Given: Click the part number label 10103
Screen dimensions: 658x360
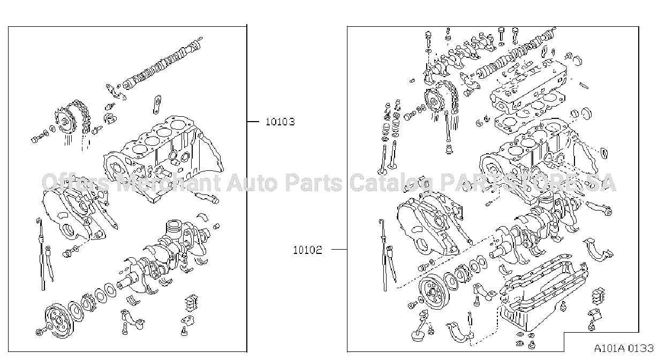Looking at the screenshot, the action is [280, 122].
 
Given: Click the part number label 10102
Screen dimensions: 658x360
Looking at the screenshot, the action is [307, 250].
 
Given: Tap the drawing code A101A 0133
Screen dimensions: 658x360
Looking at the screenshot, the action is [624, 348].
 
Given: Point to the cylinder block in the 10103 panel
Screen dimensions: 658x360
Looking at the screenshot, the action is [163, 159].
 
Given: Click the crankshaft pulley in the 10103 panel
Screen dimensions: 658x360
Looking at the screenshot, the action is [57, 319].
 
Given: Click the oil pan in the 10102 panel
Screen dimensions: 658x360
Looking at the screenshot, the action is [543, 297].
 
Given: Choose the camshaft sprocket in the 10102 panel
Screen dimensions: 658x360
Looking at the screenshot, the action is [434, 102].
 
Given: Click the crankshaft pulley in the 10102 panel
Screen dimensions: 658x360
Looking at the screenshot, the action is [433, 292].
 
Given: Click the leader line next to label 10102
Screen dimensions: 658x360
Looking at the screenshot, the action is [339, 250].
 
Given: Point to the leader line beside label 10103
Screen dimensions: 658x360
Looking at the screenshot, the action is [253, 122].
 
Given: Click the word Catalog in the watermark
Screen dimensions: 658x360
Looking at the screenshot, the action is [391, 183].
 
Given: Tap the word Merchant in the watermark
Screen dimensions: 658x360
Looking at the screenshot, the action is [168, 183].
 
